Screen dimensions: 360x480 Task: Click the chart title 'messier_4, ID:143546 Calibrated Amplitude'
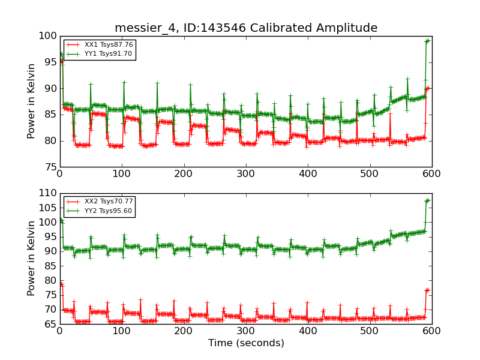click(x=246, y=28)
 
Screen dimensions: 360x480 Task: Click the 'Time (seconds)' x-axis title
click(x=246, y=343)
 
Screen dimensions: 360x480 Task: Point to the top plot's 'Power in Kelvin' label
click(x=31, y=101)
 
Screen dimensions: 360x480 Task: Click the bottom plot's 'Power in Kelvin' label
click(x=31, y=259)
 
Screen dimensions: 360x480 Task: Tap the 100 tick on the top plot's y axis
click(x=47, y=36)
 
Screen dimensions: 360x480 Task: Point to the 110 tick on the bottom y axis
click(x=47, y=193)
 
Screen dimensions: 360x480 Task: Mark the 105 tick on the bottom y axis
click(x=47, y=208)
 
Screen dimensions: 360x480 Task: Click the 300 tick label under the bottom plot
click(x=245, y=331)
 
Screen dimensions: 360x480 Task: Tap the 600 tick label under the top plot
click(x=431, y=173)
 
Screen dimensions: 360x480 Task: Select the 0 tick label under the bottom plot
click(x=59, y=331)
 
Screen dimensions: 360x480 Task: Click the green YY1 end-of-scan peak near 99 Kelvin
click(x=427, y=41)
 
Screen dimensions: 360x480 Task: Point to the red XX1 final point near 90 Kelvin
click(x=428, y=88)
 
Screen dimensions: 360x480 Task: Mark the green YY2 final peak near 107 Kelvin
click(x=427, y=200)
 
